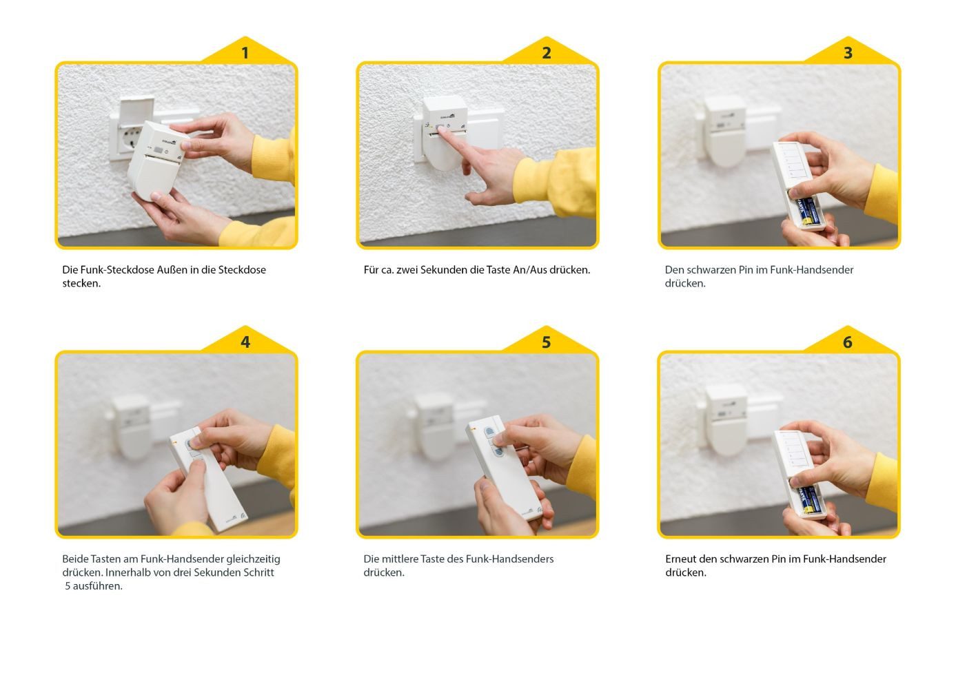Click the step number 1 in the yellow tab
245,53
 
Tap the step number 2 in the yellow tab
546,53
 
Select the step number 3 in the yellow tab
848,53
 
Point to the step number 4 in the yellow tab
245,342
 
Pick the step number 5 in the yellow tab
546,342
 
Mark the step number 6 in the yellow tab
848,342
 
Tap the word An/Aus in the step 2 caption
529,270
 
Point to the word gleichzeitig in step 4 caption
253,559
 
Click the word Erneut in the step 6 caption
681,559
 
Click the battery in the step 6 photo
808,499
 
